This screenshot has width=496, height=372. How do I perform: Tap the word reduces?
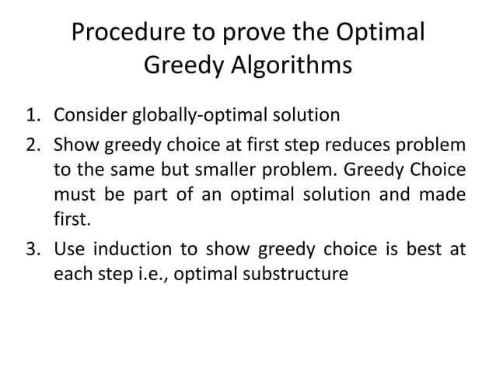pyautogui.click(x=368, y=145)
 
